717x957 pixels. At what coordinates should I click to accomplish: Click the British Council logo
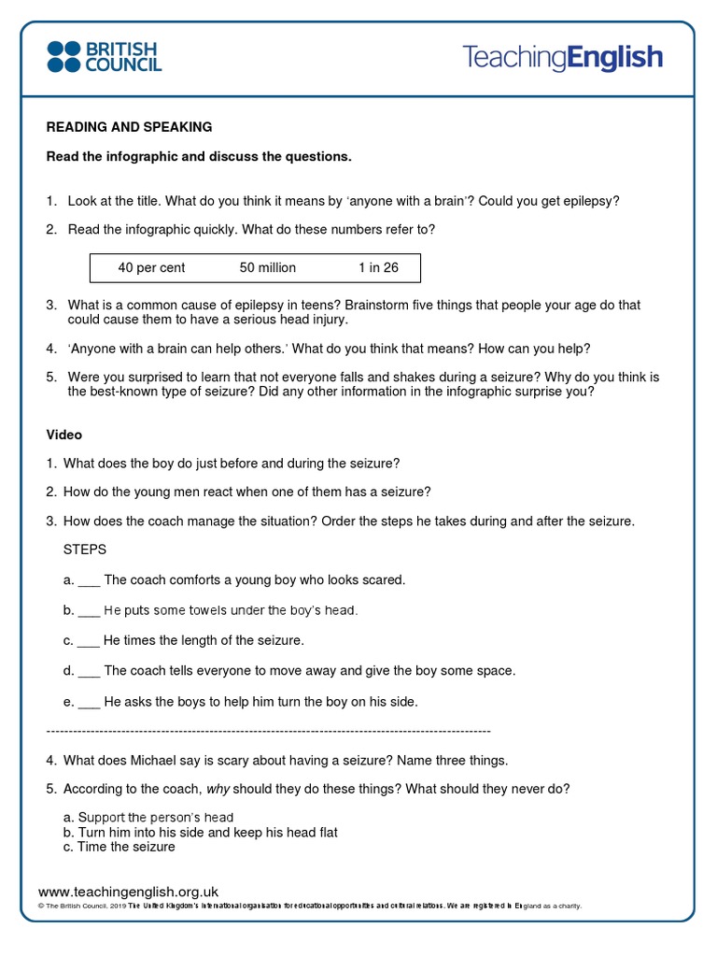(x=104, y=56)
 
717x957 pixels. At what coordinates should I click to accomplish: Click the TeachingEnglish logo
(x=562, y=57)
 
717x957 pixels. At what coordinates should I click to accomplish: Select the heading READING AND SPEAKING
(x=130, y=127)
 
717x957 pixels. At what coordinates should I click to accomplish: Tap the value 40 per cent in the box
(x=151, y=268)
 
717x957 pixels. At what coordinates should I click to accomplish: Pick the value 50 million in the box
(x=268, y=268)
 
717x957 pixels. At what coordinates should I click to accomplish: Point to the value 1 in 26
(x=378, y=268)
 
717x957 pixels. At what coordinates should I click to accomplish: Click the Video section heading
(x=64, y=435)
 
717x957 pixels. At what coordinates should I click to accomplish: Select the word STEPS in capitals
(x=85, y=550)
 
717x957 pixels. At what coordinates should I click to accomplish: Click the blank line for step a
(x=89, y=580)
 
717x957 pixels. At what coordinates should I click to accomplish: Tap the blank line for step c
(x=88, y=641)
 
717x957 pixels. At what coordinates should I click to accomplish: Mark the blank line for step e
(x=89, y=702)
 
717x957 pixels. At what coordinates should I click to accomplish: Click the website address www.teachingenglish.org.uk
(x=128, y=893)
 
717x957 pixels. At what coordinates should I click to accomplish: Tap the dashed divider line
(x=268, y=731)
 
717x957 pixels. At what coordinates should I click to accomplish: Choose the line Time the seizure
(x=126, y=847)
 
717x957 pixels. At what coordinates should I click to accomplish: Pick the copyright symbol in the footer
(x=41, y=907)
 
